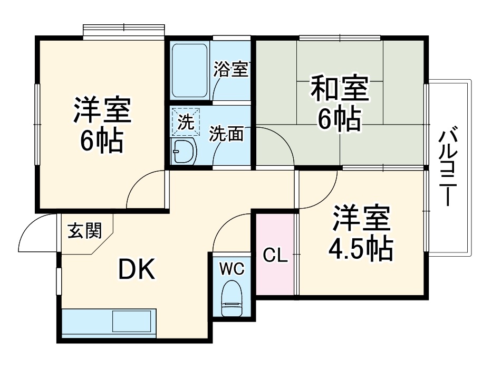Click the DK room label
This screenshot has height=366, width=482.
[136, 271]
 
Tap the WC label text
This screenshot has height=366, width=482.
[232, 269]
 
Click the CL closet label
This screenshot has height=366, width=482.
[275, 256]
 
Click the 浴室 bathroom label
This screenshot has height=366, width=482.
[230, 69]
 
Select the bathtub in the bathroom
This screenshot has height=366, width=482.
[189, 70]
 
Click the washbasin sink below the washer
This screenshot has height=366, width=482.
[184, 153]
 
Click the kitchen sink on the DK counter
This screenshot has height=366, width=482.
[132, 321]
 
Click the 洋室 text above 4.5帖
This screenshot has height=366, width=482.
[361, 219]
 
